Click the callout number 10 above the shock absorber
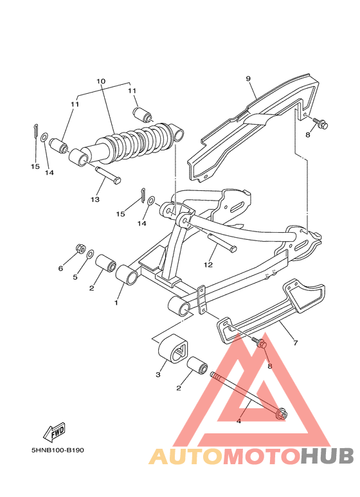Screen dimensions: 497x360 (100, 82)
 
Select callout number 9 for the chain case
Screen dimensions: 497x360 (248, 78)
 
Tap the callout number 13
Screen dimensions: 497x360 (94, 200)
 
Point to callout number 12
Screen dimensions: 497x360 (208, 264)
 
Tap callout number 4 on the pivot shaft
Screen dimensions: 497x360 (239, 421)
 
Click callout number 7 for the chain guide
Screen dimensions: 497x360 (295, 343)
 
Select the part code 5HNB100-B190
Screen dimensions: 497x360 (57, 450)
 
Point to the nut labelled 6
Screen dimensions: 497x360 (80, 248)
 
